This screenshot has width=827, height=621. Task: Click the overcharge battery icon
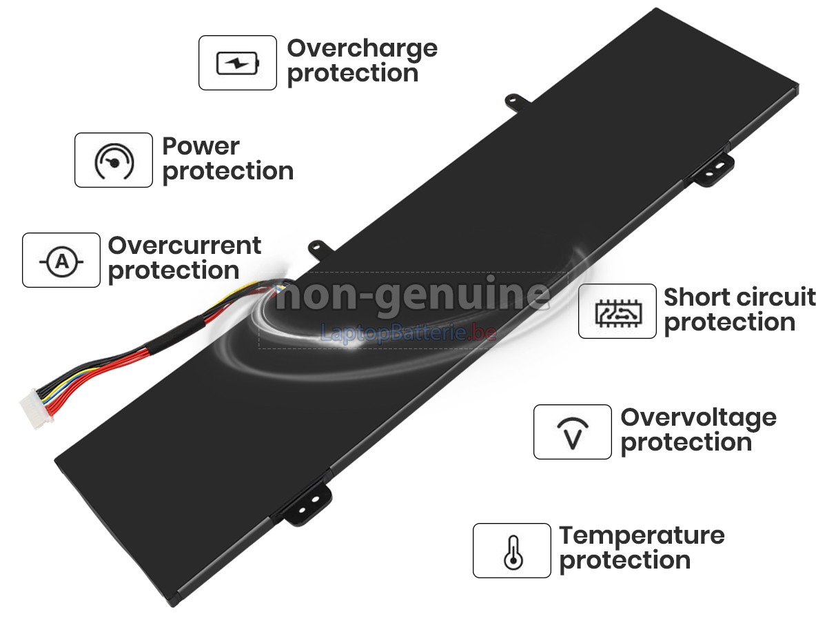click(x=237, y=63)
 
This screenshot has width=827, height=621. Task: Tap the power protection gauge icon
click(x=114, y=161)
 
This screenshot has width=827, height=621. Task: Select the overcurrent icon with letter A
click(x=61, y=261)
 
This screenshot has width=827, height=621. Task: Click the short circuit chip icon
click(x=618, y=313)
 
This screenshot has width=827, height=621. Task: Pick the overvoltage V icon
click(x=573, y=433)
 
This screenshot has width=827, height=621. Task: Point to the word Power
click(x=201, y=146)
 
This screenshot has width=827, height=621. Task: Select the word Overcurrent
click(x=185, y=246)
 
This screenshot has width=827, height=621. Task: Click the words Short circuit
click(x=739, y=297)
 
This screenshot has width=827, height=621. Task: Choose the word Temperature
click(x=642, y=537)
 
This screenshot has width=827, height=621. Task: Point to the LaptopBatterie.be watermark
click(x=408, y=333)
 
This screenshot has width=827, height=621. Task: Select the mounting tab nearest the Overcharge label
click(x=518, y=101)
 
